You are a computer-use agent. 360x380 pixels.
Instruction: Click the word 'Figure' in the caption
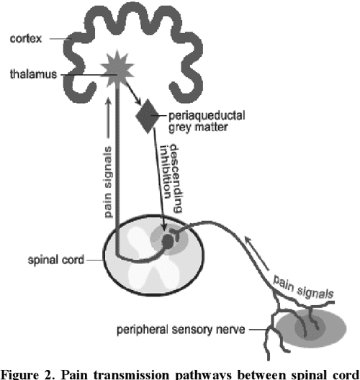click(22, 372)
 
